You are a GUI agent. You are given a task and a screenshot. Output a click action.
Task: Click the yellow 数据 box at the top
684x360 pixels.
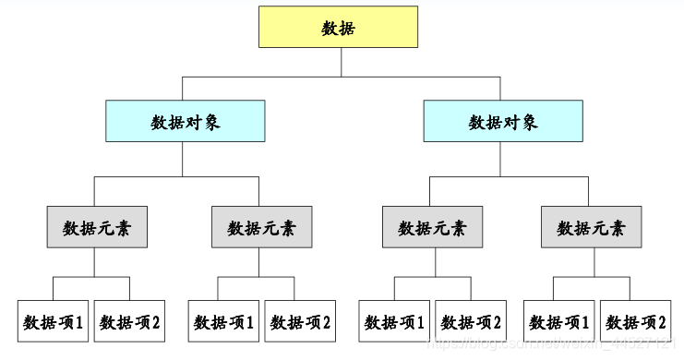tap(338, 28)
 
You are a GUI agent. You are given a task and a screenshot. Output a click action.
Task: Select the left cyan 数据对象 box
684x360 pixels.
tap(186, 121)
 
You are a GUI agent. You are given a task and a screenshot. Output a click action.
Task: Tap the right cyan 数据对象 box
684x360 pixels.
tap(503, 121)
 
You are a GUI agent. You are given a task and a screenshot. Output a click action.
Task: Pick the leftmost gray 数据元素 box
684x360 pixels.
tap(97, 227)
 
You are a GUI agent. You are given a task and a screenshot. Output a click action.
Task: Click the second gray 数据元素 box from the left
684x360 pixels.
tap(261, 227)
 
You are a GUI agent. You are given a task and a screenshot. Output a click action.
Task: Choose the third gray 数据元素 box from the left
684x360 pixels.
tap(432, 227)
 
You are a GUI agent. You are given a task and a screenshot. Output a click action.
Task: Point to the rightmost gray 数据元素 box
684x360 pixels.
tap(591, 227)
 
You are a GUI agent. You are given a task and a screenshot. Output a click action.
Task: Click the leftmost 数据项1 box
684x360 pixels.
tap(54, 321)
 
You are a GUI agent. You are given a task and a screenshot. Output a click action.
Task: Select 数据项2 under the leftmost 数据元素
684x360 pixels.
tap(130, 321)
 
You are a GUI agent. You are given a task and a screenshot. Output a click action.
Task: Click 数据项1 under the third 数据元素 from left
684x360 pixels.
tap(395, 321)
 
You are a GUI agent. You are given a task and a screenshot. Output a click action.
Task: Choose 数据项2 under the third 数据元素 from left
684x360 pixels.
tap(472, 321)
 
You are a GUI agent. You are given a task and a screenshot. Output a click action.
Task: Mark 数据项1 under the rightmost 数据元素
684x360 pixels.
tap(559, 321)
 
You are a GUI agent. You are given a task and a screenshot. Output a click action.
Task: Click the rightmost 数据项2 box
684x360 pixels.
tap(635, 321)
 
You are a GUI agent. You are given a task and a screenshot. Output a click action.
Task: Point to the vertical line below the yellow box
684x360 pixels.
tap(342, 61)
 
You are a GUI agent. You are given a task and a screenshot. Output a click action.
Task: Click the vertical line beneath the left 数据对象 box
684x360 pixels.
tap(183, 158)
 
